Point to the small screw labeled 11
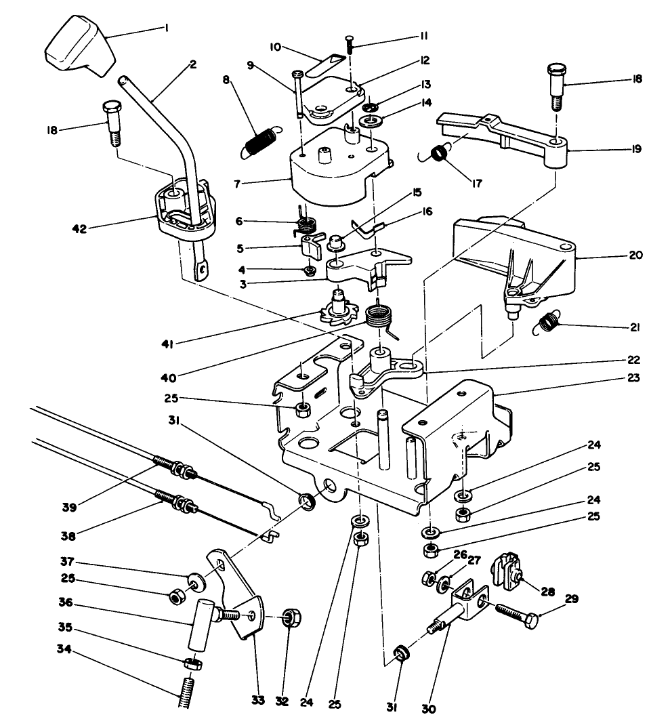coord(350,43)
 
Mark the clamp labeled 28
coord(506,571)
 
